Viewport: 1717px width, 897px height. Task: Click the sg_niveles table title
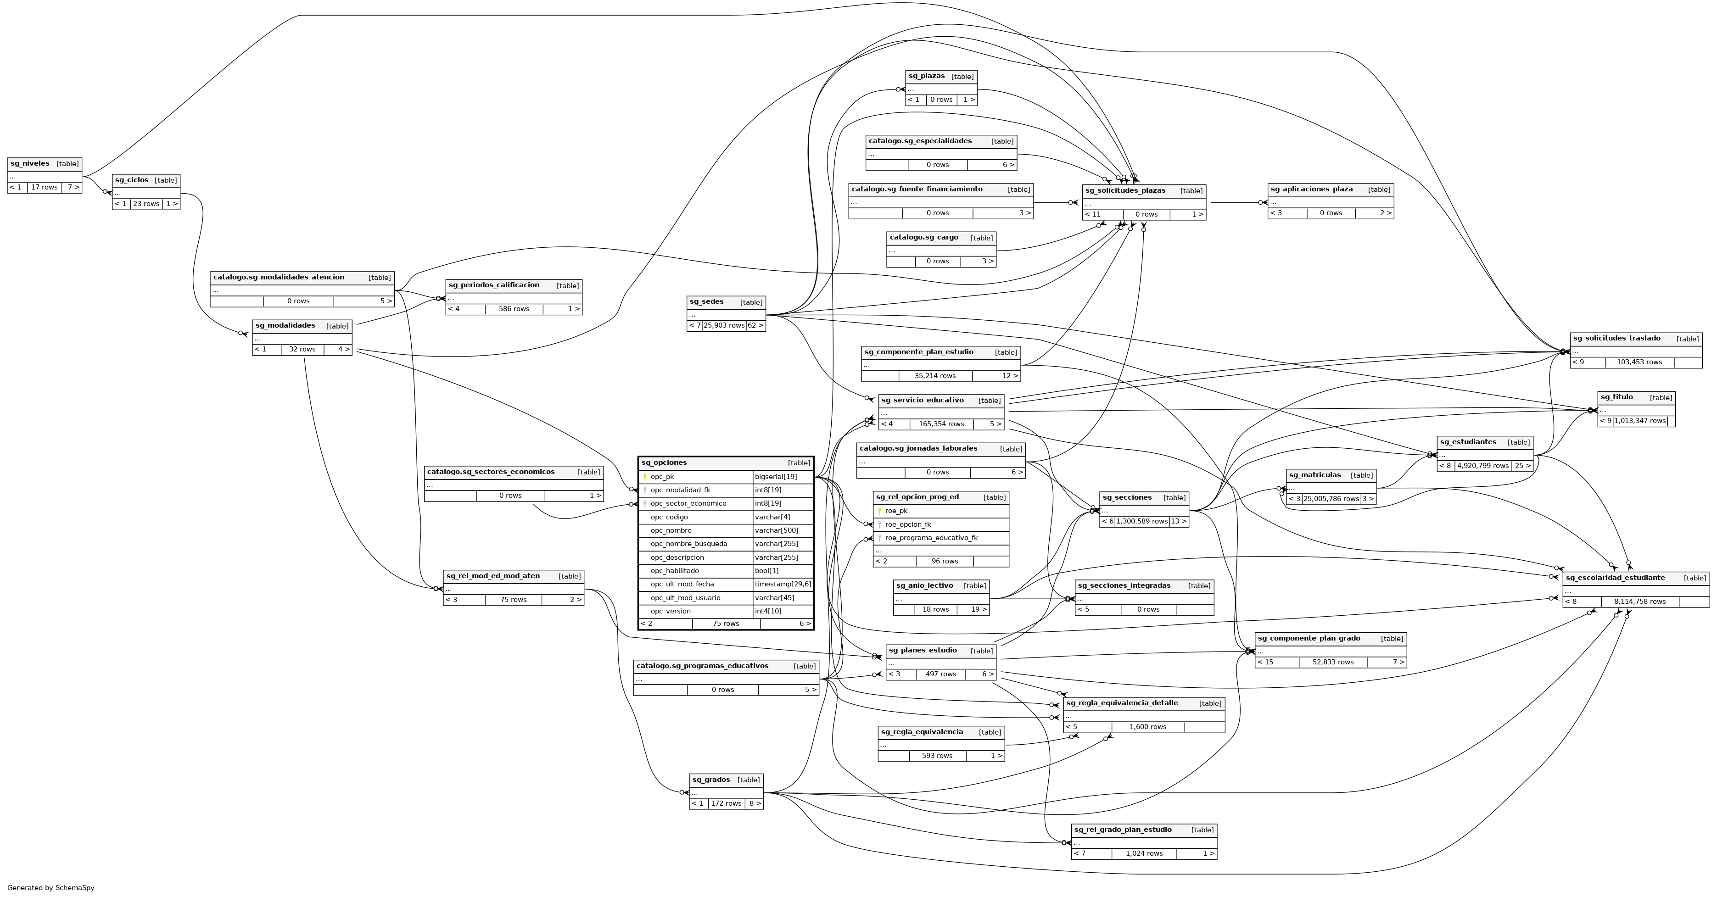pyautogui.click(x=30, y=164)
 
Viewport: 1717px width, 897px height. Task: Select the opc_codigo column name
pyautogui.click(x=669, y=517)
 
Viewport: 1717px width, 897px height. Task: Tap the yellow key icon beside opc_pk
pyautogui.click(x=645, y=477)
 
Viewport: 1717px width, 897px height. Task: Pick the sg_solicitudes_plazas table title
pyautogui.click(x=1125, y=190)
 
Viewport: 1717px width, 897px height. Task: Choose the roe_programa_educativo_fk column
pyautogui.click(x=931, y=538)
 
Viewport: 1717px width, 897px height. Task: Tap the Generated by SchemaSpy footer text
pyautogui.click(x=50, y=888)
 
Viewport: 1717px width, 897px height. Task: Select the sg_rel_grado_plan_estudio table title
pyautogui.click(x=1123, y=830)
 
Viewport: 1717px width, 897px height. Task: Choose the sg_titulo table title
pyautogui.click(x=1616, y=397)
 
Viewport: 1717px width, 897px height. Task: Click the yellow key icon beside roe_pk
pyautogui.click(x=880, y=511)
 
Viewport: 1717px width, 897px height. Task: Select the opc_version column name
pyautogui.click(x=671, y=612)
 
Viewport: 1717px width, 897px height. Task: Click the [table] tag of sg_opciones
pyautogui.click(x=799, y=463)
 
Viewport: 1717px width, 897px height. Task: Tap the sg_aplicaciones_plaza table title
pyautogui.click(x=1311, y=189)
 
